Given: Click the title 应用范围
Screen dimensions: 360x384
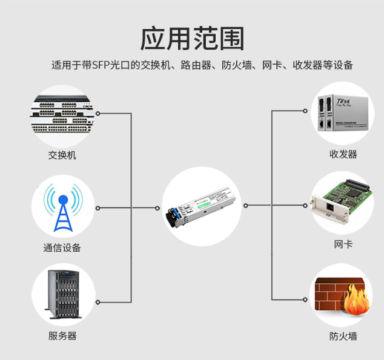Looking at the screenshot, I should click(192, 38).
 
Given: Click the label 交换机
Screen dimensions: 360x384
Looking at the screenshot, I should click(62, 155).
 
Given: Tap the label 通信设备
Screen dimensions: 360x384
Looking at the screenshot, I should click(62, 247).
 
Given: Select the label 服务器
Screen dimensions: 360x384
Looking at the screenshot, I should click(62, 336).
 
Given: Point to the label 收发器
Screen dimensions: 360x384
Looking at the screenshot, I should click(343, 154).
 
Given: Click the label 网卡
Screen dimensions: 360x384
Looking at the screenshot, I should click(343, 244).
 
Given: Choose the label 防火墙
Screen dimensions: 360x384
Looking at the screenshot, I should click(343, 336).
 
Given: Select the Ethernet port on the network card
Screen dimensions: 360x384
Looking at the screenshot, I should click(330, 208).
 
